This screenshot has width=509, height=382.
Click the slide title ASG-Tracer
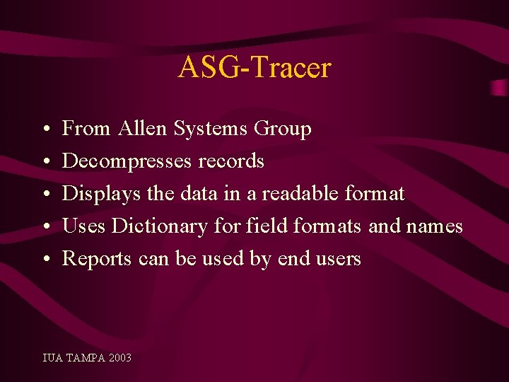click(x=255, y=68)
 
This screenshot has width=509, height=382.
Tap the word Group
click(x=283, y=129)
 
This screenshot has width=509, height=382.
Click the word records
click(x=231, y=161)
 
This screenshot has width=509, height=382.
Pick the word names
click(x=434, y=226)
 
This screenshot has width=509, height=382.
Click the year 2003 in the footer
click(x=120, y=358)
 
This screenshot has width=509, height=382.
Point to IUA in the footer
click(x=52, y=358)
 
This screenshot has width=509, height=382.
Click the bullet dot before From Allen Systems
click(x=45, y=130)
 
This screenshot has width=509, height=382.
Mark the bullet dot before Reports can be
click(x=45, y=260)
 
